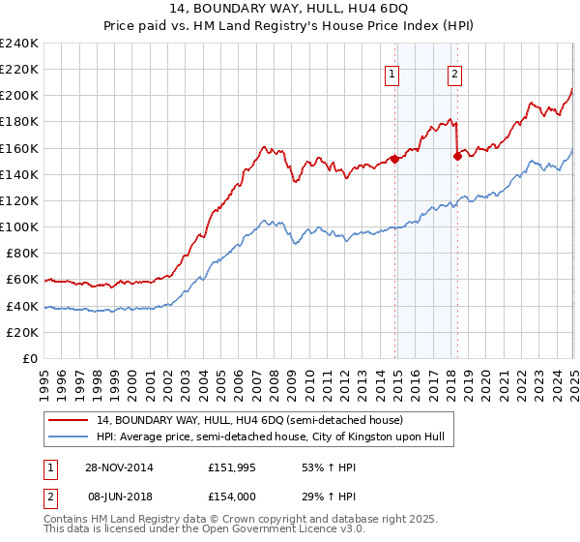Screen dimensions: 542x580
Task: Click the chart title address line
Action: coord(290,9)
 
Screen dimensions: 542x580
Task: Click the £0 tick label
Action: coord(32,358)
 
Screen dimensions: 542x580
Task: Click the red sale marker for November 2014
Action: coord(395,159)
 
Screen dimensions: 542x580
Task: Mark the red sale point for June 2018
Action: coord(457,156)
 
